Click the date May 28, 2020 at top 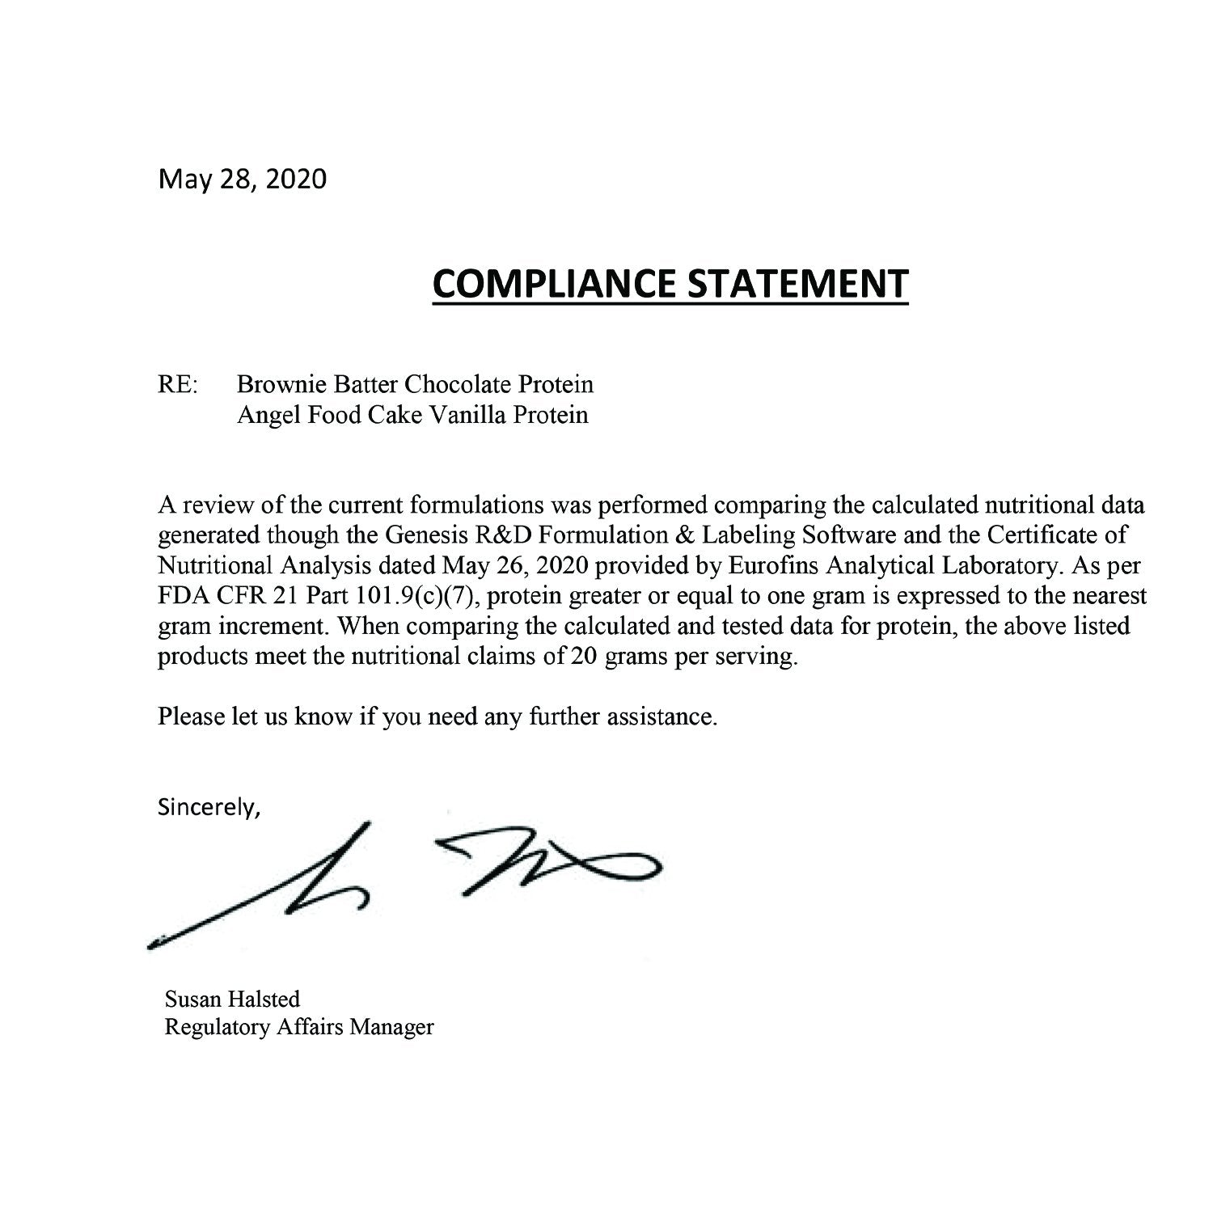(243, 179)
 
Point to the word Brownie (277, 383)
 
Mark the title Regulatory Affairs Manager (299, 1027)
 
